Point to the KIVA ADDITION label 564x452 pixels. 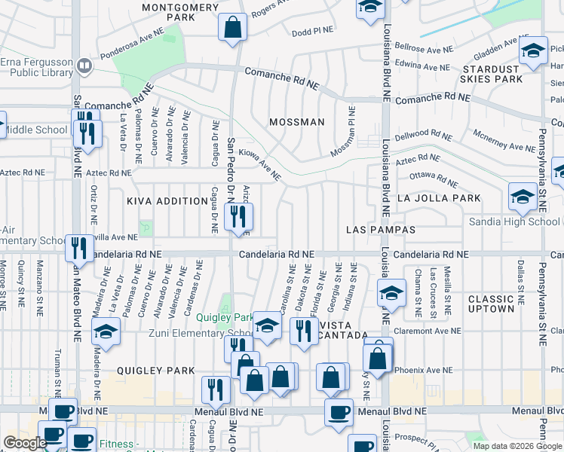(x=167, y=201)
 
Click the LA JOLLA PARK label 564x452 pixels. (x=438, y=198)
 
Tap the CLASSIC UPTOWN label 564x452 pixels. (x=491, y=304)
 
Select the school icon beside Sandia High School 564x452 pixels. (x=523, y=197)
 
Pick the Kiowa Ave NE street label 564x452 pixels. (x=259, y=165)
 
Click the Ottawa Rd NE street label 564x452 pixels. (x=433, y=178)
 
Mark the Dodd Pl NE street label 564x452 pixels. (x=312, y=32)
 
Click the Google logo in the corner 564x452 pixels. (x=25, y=443)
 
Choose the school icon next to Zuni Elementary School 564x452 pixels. (x=266, y=325)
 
